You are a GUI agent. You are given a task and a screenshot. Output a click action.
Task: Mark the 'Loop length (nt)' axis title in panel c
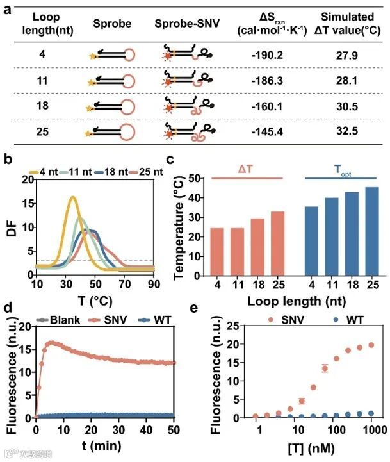coord(295,300)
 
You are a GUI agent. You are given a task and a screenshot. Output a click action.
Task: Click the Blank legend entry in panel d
coord(61,319)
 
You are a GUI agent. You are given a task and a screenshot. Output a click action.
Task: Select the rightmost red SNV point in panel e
coord(371,345)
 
